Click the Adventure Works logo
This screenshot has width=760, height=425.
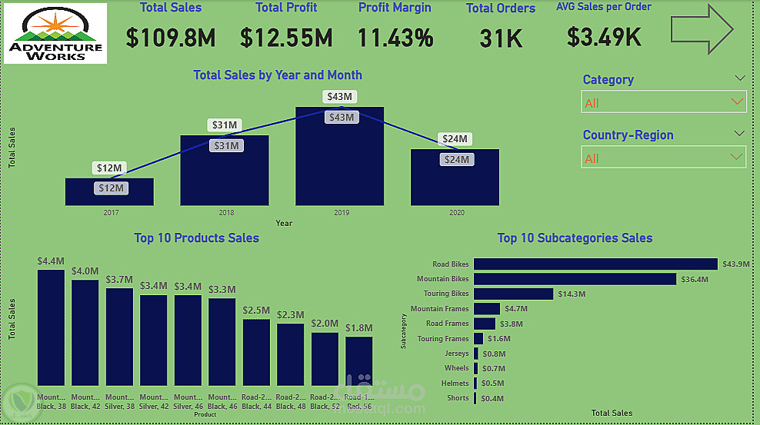coord(55,35)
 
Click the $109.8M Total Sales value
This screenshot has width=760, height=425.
coord(171,38)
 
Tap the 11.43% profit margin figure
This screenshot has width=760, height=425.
coord(395,38)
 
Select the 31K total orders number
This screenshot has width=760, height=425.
coord(501,38)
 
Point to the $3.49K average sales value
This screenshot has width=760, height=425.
coord(604,36)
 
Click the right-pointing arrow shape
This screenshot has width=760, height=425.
coord(702,30)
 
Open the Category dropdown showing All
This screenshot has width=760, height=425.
coord(663,102)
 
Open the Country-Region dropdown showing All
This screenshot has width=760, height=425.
coord(663,158)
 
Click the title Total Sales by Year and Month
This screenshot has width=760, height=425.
coord(278,75)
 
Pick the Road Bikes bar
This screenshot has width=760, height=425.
coord(595,264)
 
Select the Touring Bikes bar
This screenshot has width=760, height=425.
coord(513,294)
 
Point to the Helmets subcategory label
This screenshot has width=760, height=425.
coord(455,383)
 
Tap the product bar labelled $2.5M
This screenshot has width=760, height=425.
coord(256,351)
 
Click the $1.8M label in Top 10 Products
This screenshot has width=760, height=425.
coord(358,329)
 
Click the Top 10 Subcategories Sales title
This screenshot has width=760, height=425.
coord(575,238)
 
